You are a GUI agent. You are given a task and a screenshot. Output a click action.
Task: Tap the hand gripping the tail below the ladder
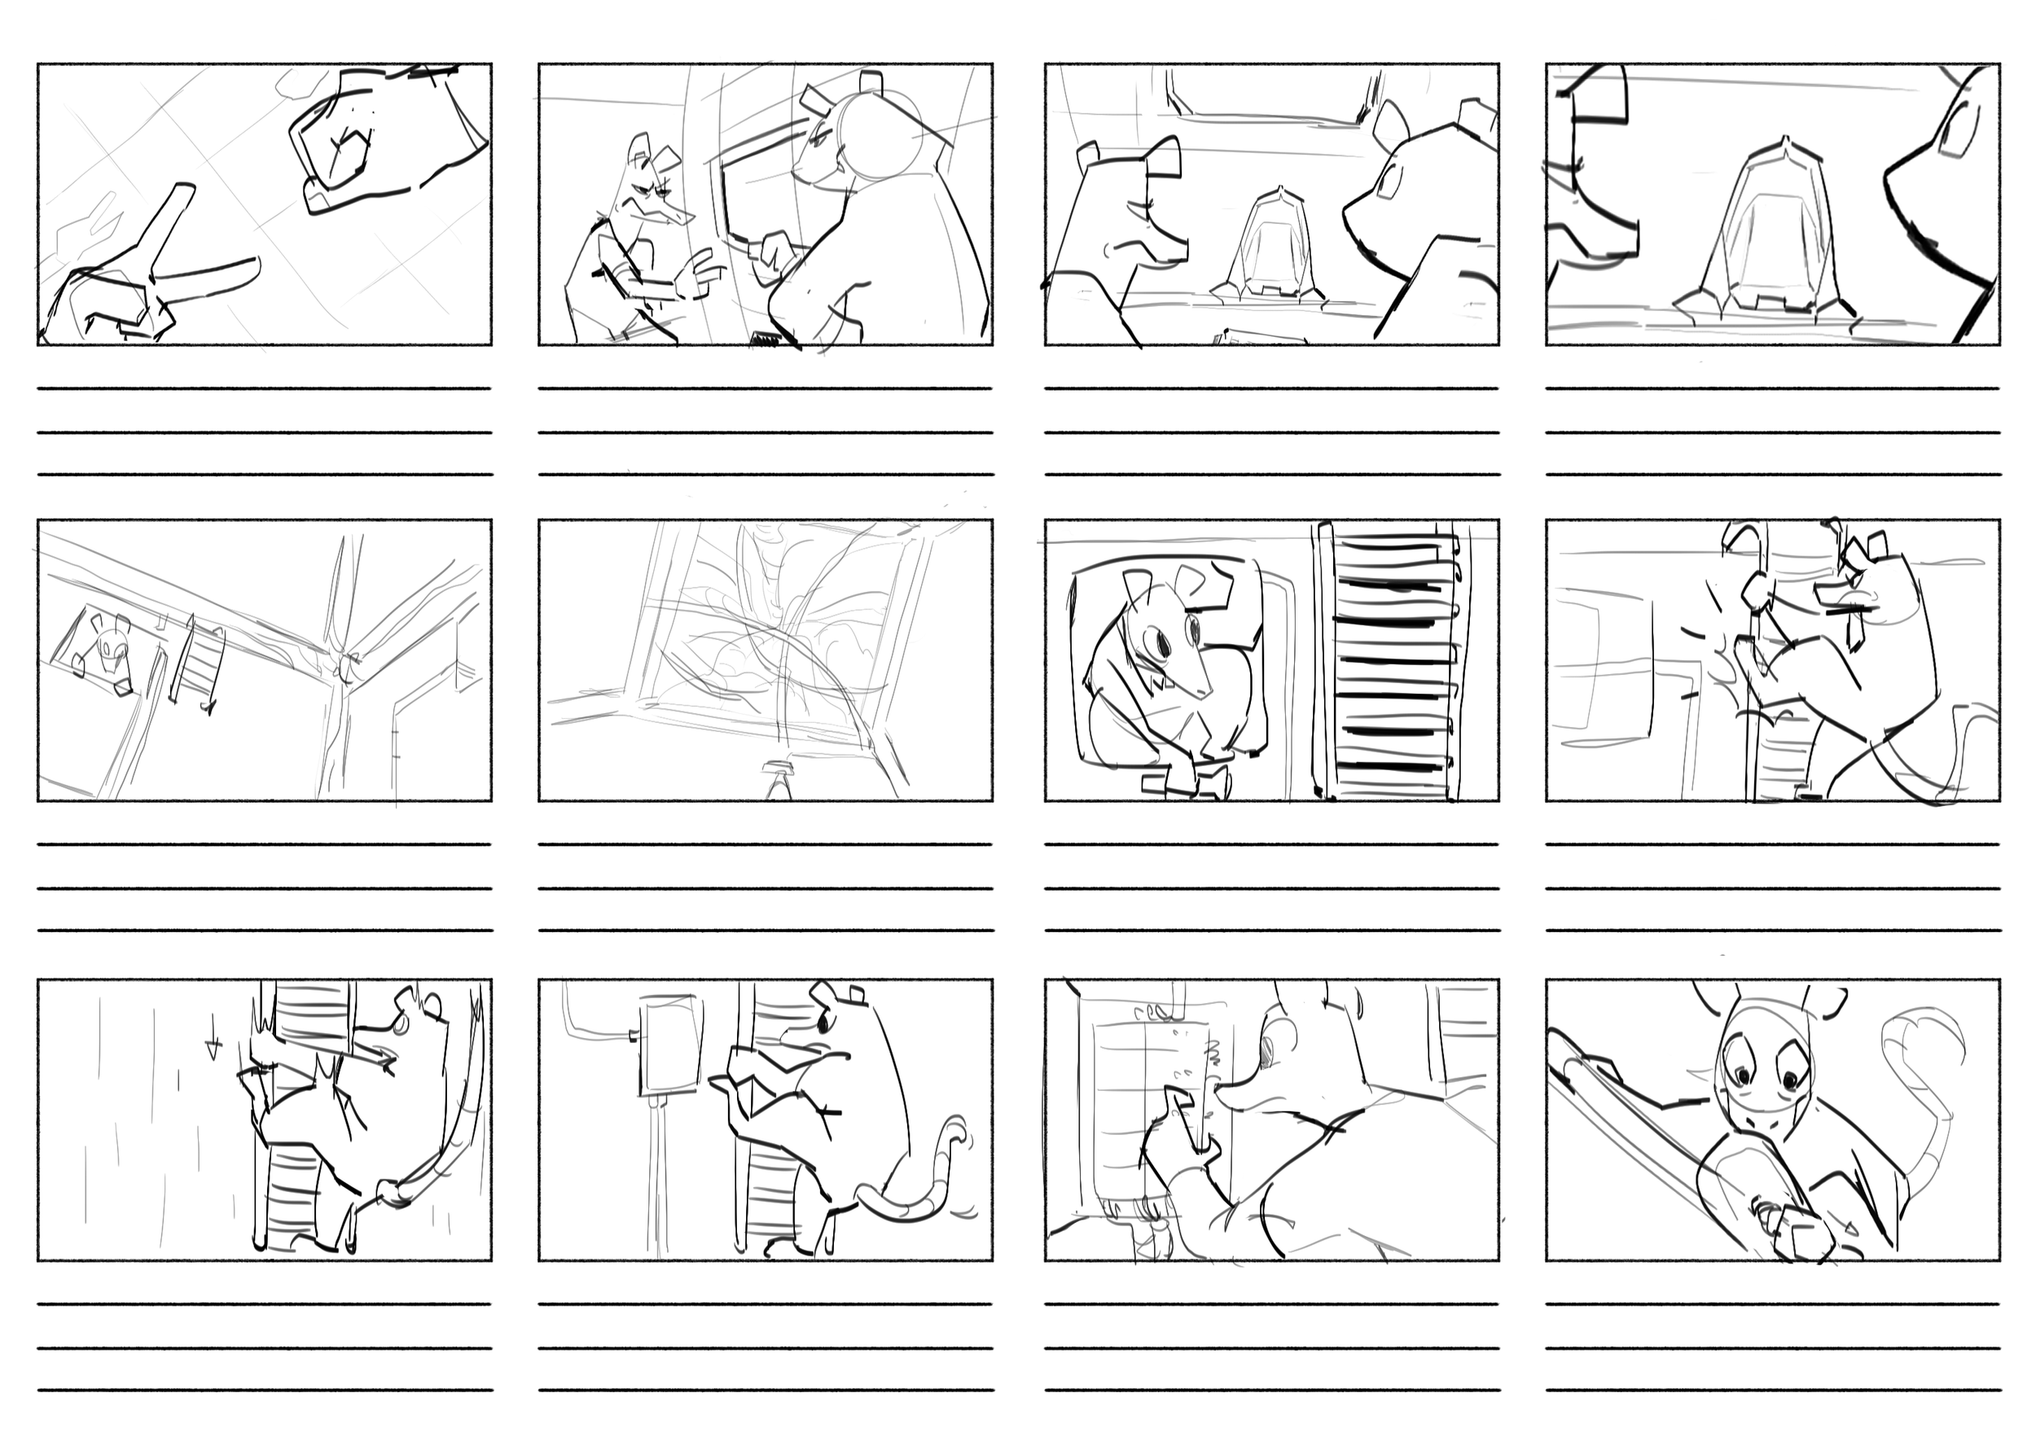391,1192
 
